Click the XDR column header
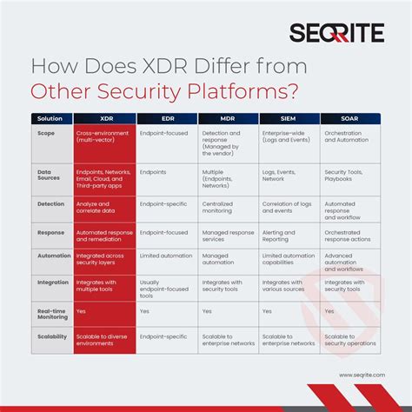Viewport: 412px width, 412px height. click(x=104, y=117)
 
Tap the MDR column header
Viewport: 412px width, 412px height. click(x=228, y=117)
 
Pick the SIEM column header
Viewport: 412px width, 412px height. click(x=289, y=117)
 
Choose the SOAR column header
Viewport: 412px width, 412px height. click(x=349, y=117)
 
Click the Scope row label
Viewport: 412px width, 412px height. click(x=46, y=134)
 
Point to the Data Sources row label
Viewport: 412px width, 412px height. click(x=50, y=176)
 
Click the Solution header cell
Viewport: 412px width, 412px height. click(x=50, y=117)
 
